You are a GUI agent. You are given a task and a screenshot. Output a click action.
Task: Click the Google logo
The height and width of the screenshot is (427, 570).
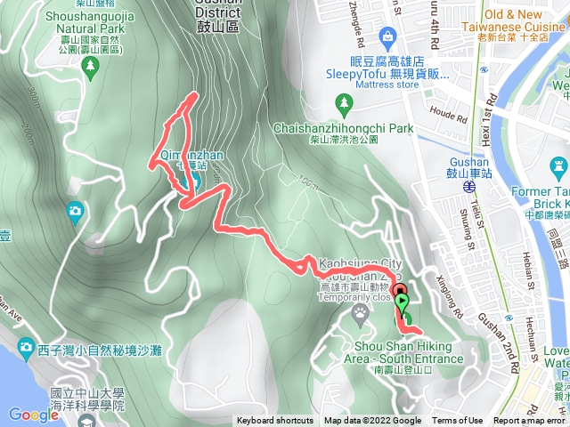tap(34, 415)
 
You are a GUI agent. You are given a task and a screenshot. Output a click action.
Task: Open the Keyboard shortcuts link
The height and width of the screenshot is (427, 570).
tap(275, 421)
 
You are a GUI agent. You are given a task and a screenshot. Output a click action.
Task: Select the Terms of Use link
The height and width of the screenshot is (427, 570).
tap(458, 421)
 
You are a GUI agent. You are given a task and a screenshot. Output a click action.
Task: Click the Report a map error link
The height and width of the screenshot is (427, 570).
tap(531, 421)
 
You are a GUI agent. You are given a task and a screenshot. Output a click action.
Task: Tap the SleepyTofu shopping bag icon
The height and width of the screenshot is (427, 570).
tap(388, 36)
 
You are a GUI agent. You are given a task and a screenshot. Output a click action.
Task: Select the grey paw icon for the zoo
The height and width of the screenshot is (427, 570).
tap(360, 312)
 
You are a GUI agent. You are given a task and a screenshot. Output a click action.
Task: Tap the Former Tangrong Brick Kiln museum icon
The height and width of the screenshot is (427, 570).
tap(558, 165)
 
